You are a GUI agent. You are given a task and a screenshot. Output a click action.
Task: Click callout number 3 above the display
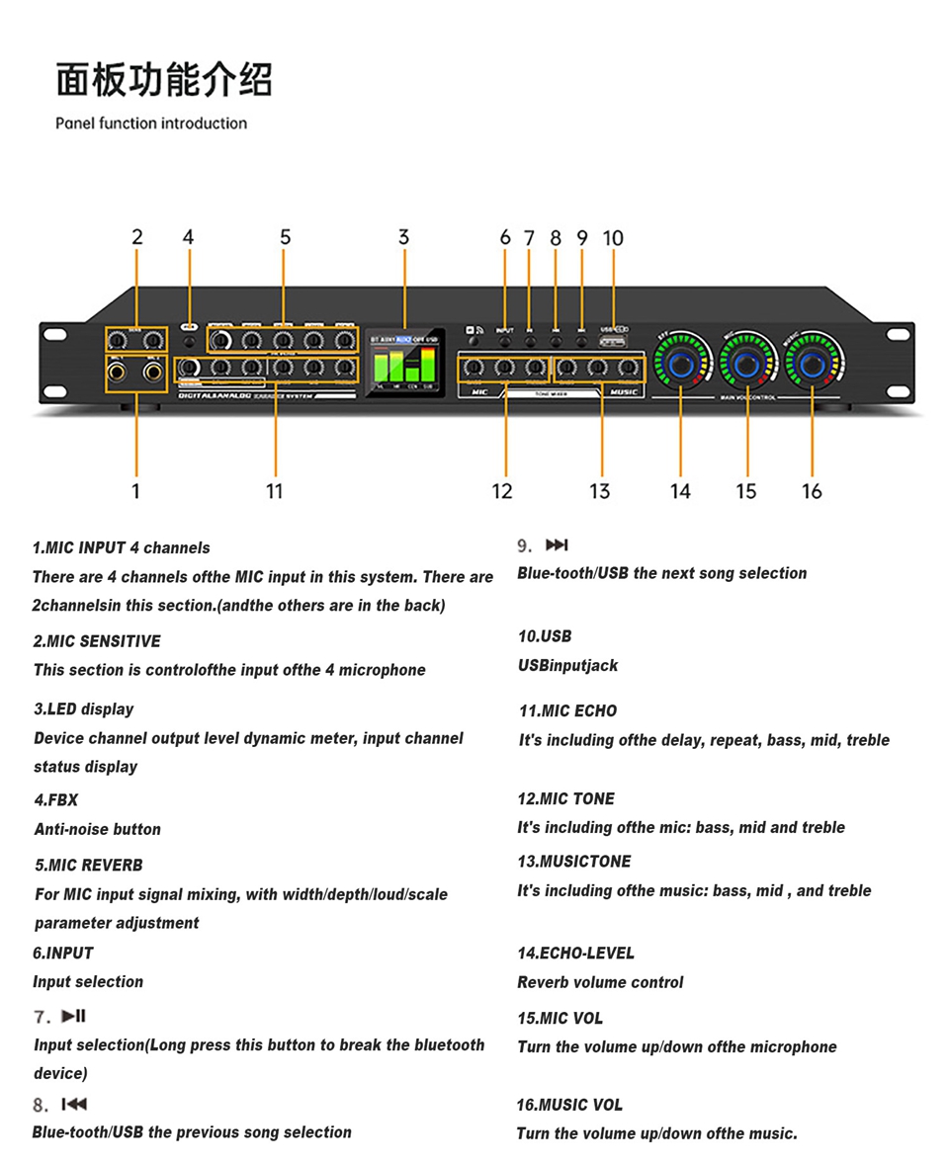point(403,237)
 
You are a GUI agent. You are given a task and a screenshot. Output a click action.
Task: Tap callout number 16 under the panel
point(812,491)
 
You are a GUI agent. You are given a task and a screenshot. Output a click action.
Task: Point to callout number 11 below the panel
point(274,491)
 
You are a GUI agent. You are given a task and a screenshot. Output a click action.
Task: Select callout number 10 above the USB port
point(613,238)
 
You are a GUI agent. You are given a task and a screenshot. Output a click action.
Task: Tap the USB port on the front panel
point(613,343)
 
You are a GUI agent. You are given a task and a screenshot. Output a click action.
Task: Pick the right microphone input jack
point(152,373)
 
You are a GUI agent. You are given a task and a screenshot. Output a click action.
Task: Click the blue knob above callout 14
point(681,366)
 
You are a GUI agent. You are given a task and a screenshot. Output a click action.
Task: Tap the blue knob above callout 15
point(747,366)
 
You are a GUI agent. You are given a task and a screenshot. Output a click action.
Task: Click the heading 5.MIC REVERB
point(88,865)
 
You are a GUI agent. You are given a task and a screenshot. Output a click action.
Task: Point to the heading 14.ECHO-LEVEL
point(575,953)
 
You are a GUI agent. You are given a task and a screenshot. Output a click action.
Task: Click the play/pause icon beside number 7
point(74,1016)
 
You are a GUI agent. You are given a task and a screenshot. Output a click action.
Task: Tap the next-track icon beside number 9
point(558,544)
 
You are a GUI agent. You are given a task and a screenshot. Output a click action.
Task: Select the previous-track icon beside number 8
point(74,1104)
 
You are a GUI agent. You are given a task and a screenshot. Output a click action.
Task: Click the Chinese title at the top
point(164,80)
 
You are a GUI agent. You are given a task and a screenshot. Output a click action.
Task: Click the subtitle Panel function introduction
point(151,124)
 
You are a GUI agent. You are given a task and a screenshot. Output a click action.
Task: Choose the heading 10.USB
point(545,635)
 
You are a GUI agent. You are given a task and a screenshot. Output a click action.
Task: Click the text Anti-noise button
point(97,829)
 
